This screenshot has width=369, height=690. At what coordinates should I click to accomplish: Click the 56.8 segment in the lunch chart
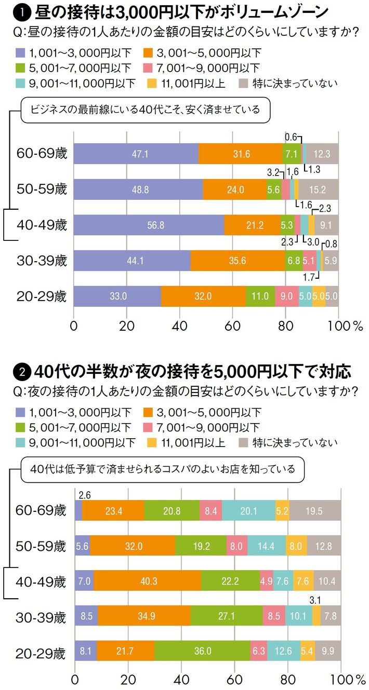point(149,225)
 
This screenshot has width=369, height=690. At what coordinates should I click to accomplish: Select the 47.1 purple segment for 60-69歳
point(136,154)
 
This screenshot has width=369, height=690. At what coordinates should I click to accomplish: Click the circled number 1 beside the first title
point(24,10)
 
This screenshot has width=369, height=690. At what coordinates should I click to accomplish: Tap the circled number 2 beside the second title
point(23,372)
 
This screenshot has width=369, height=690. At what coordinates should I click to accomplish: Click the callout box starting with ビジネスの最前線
point(147,111)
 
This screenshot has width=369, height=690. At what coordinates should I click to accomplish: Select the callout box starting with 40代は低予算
point(162,469)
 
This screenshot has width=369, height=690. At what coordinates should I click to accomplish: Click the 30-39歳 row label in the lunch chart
point(41,261)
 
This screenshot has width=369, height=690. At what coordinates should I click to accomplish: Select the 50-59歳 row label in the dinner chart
point(41,546)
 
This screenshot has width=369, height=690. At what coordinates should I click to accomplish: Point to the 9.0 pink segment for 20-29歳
point(286,296)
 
